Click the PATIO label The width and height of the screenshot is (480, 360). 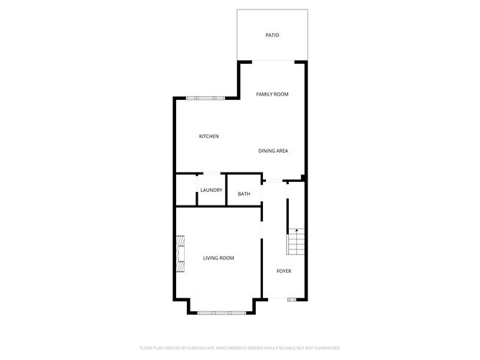(x=272, y=34)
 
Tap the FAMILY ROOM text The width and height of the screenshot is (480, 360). (x=272, y=94)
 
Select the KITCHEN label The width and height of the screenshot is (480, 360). (x=209, y=137)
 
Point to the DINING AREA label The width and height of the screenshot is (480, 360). (x=273, y=151)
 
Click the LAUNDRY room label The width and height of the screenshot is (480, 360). (x=211, y=190)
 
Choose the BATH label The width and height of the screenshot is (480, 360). (x=244, y=194)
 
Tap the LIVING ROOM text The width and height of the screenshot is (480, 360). (x=218, y=258)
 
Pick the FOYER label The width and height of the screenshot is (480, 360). (x=285, y=271)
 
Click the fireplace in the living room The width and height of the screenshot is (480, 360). (x=180, y=255)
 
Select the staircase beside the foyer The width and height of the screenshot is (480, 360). (x=296, y=241)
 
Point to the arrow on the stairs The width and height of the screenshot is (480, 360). (x=296, y=231)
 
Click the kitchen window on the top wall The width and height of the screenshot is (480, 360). (x=205, y=98)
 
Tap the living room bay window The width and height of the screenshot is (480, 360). (x=221, y=313)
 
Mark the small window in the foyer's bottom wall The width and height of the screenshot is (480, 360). (x=292, y=299)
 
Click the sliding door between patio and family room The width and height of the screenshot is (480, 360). (x=272, y=62)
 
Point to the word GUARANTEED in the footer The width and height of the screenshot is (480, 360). (x=326, y=347)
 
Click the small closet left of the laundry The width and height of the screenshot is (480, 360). (x=186, y=190)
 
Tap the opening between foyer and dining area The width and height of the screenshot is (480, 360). (x=274, y=180)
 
